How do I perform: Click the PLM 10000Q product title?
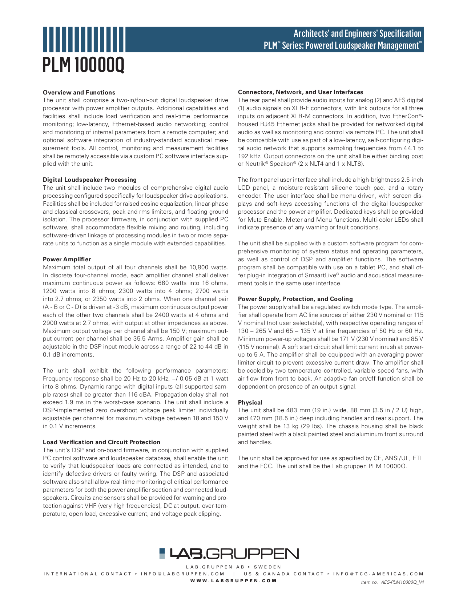[84, 65]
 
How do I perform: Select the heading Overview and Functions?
[79, 92]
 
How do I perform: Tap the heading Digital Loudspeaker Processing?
[89, 180]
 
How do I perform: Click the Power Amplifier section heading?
[67, 259]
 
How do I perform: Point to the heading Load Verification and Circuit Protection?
[101, 442]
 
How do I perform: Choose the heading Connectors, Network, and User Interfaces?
[300, 92]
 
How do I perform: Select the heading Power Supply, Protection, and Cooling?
[295, 299]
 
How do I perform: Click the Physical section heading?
[250, 402]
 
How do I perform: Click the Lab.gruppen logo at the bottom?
[229, 554]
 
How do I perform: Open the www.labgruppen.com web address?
[233, 580]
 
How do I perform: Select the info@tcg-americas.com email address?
[378, 574]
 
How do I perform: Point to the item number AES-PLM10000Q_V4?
[402, 582]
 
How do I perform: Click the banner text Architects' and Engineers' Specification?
[357, 33]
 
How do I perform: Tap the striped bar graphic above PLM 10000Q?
[84, 39]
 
